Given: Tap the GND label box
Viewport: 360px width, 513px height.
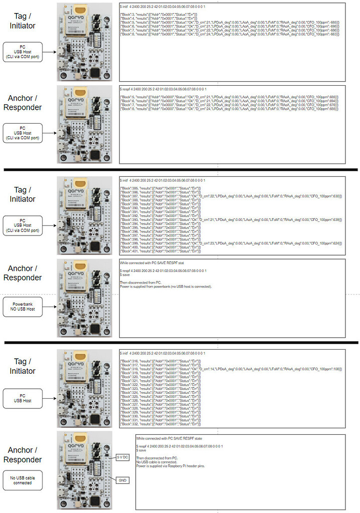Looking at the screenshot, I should click(x=123, y=480).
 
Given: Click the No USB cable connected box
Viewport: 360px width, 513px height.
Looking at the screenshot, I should click(x=23, y=480).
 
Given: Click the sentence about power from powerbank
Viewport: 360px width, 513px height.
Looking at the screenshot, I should click(x=166, y=287).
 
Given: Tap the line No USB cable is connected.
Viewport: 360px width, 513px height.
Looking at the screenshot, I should click(x=156, y=462).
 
